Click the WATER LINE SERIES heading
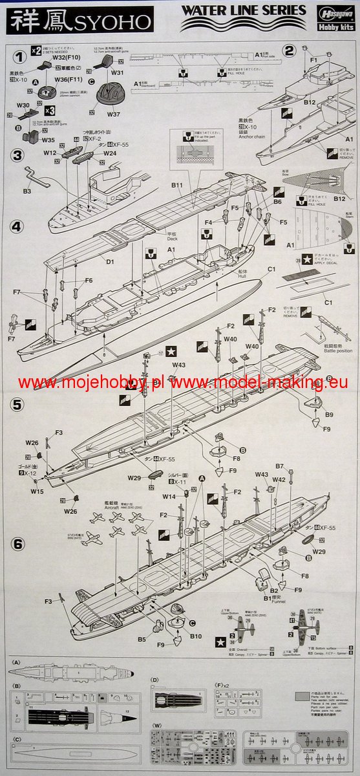pyautogui.click(x=243, y=10)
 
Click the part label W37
pyautogui.click(x=114, y=114)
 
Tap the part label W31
pyautogui.click(x=117, y=72)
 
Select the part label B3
pyautogui.click(x=27, y=191)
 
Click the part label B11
pyautogui.click(x=178, y=186)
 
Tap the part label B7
pyautogui.click(x=280, y=466)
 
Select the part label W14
pyautogui.click(x=169, y=497)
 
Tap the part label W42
pyautogui.click(x=279, y=480)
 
